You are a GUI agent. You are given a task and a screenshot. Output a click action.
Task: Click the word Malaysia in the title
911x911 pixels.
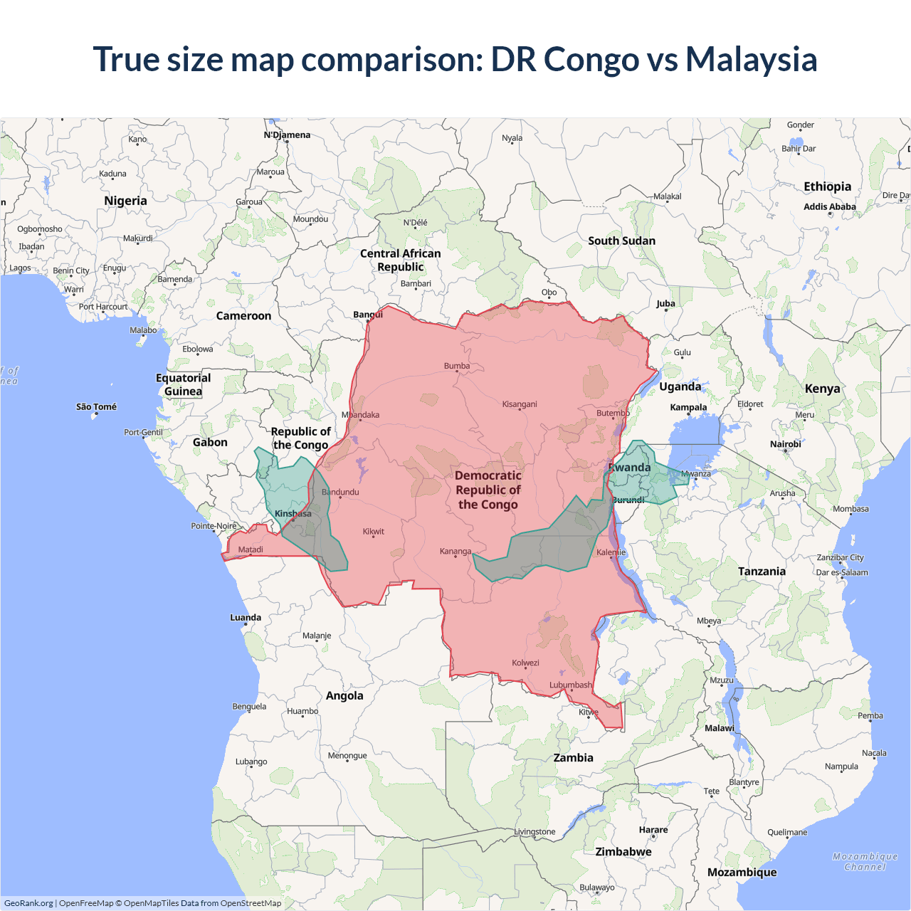[x=751, y=59]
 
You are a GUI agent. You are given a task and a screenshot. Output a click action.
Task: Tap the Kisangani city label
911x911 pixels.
[x=520, y=404]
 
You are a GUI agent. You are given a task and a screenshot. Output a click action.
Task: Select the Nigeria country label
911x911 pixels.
[x=125, y=201]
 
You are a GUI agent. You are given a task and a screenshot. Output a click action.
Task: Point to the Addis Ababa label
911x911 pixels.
[x=829, y=207]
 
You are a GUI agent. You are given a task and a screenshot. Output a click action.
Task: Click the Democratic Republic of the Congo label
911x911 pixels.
[x=488, y=490]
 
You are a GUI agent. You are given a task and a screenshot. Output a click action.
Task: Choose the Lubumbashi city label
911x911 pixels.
[x=570, y=685]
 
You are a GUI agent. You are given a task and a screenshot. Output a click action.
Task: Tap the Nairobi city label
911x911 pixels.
[x=785, y=444]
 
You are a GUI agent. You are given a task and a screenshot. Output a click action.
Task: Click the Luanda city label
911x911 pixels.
[x=246, y=618]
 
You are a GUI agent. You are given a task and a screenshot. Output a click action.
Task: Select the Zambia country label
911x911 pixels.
[x=573, y=758]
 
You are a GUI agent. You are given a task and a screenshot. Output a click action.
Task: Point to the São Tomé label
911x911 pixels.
[x=96, y=407]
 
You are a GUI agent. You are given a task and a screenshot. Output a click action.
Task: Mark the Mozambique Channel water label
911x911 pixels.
[x=865, y=862]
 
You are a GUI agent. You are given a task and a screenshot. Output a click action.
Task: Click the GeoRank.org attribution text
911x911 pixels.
[x=28, y=903]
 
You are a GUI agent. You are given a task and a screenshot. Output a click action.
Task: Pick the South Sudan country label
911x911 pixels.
[x=621, y=241]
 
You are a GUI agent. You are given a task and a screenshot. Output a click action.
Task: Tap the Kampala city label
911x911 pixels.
[x=688, y=408]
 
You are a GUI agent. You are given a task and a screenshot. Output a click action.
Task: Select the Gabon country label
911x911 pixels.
[x=210, y=443]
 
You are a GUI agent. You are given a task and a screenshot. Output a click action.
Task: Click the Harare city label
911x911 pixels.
[x=653, y=830]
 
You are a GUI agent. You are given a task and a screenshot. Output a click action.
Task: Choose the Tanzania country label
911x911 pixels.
[x=762, y=572]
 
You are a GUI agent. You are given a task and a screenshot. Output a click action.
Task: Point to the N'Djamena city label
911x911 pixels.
[x=287, y=135]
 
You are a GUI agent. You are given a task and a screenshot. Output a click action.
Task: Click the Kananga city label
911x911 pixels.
[x=455, y=552]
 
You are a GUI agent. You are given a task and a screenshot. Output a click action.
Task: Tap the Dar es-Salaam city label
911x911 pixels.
[x=842, y=572]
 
